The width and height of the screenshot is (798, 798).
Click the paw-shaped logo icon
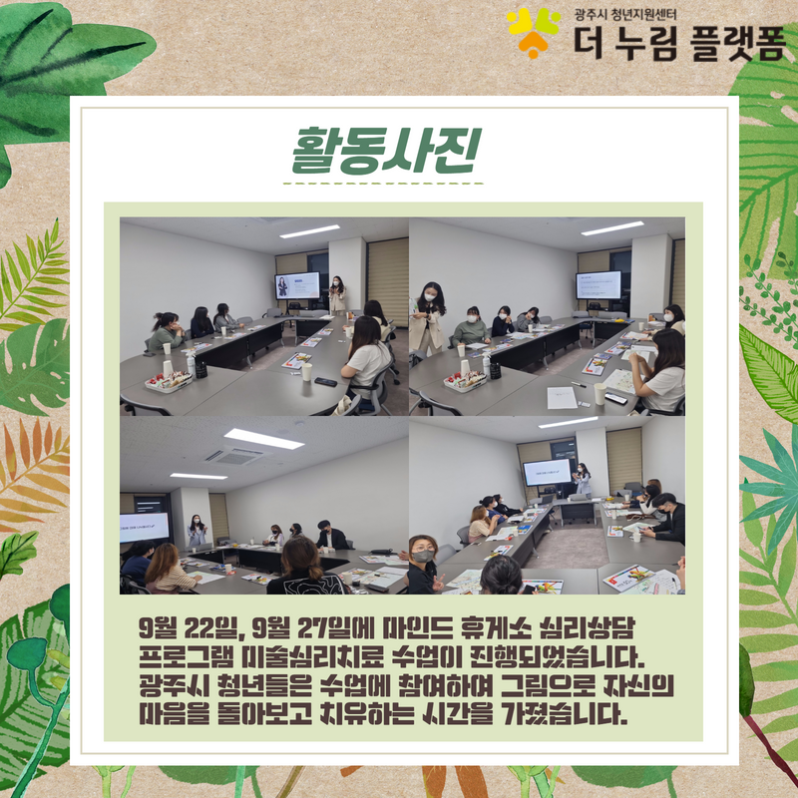pos(533,32)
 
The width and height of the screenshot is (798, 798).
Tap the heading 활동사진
pos(387,152)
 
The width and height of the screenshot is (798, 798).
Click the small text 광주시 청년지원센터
pos(625,14)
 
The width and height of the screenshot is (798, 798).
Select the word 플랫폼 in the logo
pos(738,43)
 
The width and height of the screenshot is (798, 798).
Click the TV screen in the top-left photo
pos(297,285)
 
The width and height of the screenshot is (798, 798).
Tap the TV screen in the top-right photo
pos(598,285)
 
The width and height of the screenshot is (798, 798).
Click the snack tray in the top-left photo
pos(169,381)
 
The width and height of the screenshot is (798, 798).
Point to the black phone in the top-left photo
pos(326,382)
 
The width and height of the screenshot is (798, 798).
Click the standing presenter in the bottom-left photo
pos(197,531)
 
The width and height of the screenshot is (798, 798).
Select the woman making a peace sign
pos(422,565)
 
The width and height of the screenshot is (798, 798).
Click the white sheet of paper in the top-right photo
pos(562,398)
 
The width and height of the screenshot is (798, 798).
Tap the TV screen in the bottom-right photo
pos(547,472)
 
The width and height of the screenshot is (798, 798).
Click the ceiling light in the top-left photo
pos(309,231)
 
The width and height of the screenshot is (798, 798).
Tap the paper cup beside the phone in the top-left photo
pos(306,371)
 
